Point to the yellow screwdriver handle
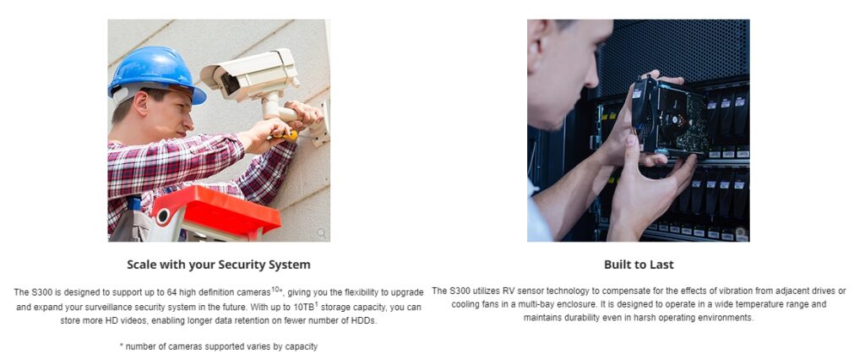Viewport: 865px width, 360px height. (x=288, y=134)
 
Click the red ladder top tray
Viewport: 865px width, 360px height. (x=217, y=208)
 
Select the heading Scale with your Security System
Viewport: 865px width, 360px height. (x=219, y=265)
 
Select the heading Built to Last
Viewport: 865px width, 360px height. (x=639, y=265)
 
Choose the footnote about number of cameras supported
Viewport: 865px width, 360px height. (x=219, y=346)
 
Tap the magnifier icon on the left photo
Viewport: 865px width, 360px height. (x=321, y=233)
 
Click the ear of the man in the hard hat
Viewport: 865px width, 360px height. (x=141, y=103)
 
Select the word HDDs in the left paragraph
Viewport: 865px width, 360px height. (x=366, y=321)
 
